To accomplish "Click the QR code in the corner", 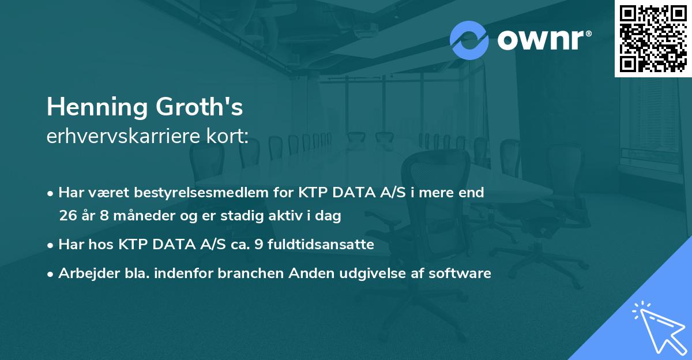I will point(653,38).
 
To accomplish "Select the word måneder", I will point(129,216).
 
